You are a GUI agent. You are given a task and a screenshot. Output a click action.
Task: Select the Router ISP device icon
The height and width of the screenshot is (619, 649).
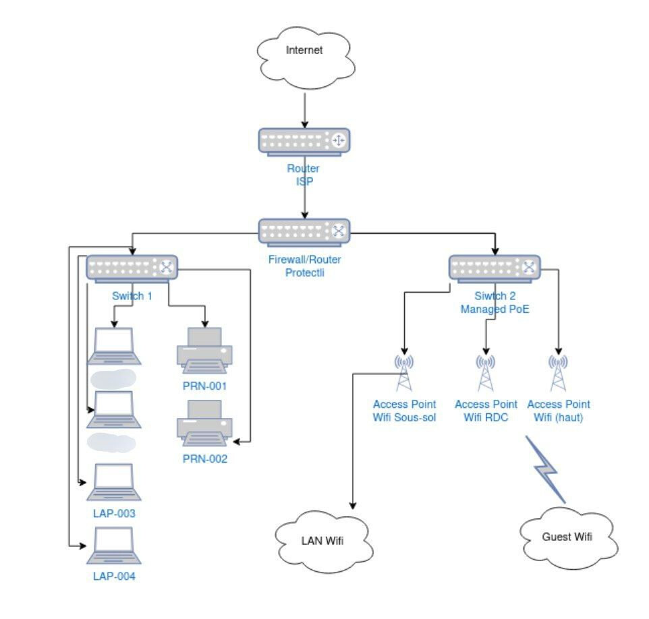tap(304, 140)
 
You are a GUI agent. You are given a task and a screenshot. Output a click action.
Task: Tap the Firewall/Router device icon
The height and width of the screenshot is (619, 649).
tap(304, 231)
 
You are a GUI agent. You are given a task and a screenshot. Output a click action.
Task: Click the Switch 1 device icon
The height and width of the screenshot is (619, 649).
tap(132, 268)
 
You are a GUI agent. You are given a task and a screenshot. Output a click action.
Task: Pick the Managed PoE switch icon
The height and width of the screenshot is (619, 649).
tap(495, 268)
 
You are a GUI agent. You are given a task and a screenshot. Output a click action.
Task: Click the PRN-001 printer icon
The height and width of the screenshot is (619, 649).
tap(204, 351)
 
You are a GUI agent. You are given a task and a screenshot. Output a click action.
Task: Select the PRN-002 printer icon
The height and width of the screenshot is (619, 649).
tap(204, 423)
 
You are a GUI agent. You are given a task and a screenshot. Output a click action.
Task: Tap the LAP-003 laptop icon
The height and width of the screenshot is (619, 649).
tap(114, 482)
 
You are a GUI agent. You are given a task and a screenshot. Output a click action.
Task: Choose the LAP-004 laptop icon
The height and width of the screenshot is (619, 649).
tap(114, 546)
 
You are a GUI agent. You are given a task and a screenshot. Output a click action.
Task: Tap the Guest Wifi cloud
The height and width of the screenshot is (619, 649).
tap(567, 537)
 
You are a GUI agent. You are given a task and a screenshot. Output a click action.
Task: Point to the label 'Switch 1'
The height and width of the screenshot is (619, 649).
tap(131, 296)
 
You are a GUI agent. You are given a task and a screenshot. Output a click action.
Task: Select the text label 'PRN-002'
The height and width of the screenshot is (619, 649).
tap(205, 459)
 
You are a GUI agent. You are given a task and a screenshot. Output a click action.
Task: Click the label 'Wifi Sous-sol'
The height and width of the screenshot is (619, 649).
tap(404, 418)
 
